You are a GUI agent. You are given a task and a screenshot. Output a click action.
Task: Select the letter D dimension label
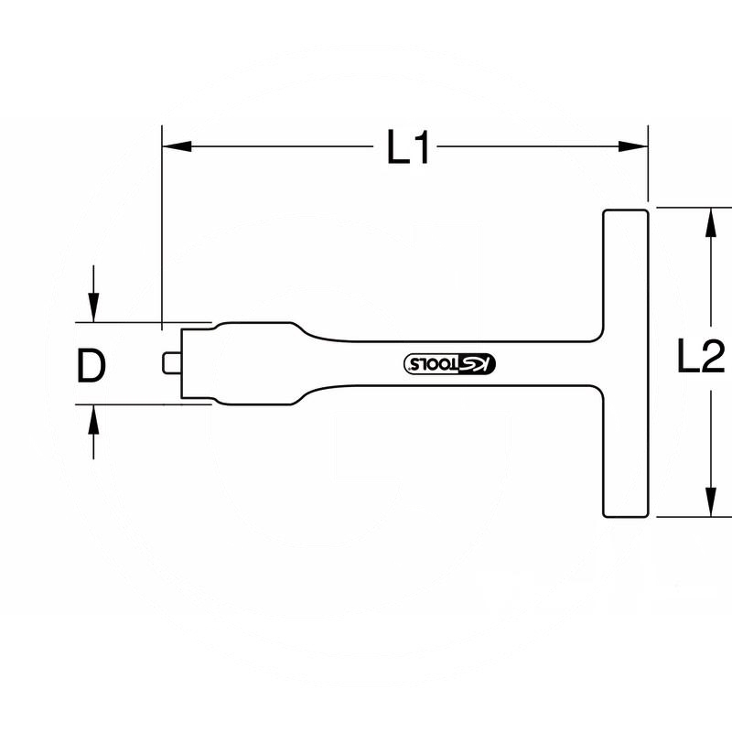(91, 366)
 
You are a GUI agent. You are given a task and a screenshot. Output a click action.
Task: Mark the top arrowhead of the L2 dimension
(710, 221)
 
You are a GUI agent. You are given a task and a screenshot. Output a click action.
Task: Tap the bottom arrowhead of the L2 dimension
(710, 502)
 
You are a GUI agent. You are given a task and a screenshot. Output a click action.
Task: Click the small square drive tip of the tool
(169, 363)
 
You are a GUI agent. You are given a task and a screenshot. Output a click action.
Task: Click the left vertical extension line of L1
(162, 229)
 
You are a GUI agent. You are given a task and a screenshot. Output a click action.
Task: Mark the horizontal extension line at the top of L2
(686, 207)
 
